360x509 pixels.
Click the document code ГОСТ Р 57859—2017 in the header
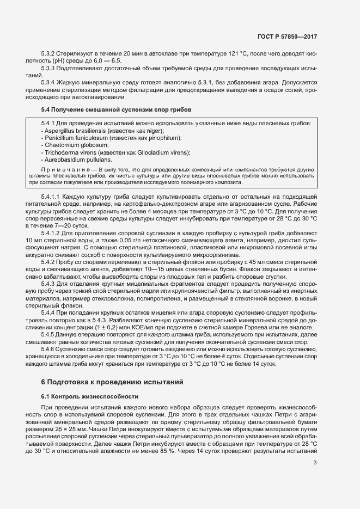click(287, 37)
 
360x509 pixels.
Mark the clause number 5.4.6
click(49, 363)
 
